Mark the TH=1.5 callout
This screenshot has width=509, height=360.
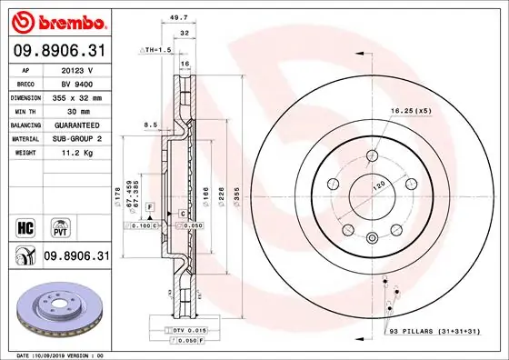[157, 51]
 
